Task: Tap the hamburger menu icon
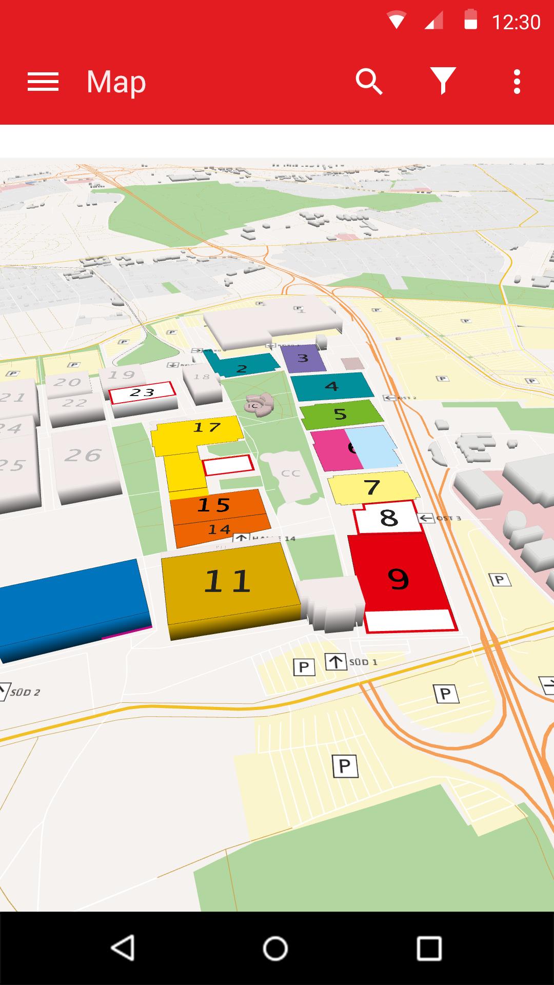43,82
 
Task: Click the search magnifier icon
369,82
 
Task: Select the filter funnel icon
443,82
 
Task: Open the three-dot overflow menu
517,82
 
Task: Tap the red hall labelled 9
398,579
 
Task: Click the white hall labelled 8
389,518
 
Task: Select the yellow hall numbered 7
372,487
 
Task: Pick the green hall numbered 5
340,414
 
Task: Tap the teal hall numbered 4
332,386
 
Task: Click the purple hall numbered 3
303,358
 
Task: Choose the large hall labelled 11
227,581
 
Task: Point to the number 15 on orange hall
213,505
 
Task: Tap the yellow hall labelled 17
207,427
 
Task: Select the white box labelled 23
142,393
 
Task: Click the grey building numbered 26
83,455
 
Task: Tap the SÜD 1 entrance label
363,662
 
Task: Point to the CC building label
290,473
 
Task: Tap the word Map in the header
116,82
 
